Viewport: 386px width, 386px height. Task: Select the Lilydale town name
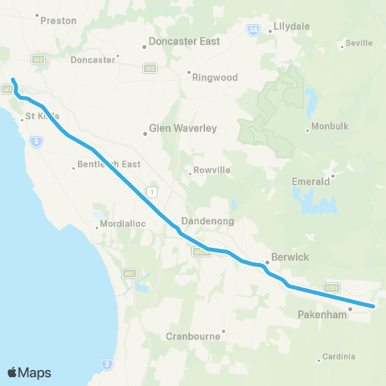292,27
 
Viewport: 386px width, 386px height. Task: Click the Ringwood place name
213,78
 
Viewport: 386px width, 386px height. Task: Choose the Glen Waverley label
179,127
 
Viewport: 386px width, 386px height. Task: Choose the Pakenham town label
322,314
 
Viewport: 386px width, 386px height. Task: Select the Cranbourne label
194,336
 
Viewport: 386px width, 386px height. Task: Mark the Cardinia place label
338,356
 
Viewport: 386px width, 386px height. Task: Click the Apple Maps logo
29,372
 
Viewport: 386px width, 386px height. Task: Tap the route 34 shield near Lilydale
254,30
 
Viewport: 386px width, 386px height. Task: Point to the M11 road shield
129,273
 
